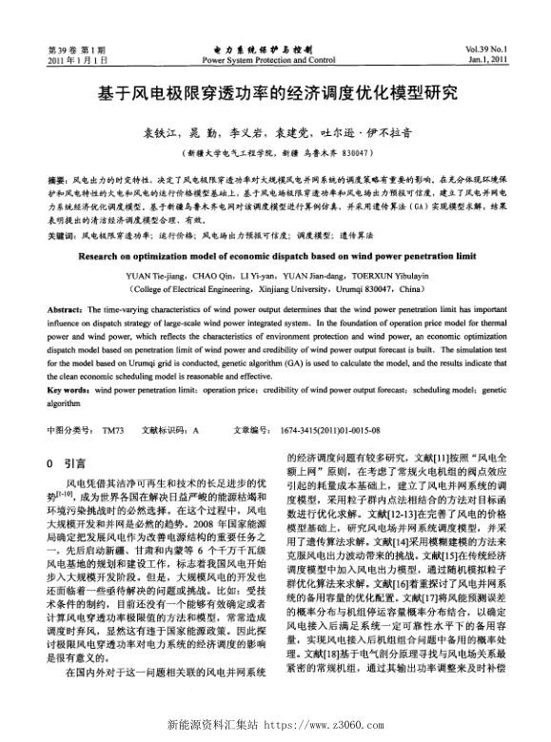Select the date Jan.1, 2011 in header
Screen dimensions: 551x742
(512, 59)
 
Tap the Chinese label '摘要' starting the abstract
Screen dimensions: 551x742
(56, 179)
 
